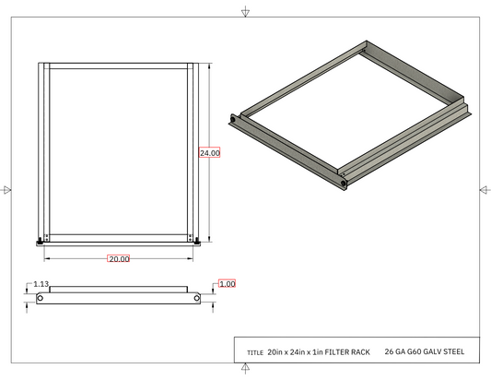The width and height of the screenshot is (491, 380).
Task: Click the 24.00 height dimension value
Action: pyautogui.click(x=210, y=153)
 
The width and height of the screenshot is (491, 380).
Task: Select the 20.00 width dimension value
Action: pyautogui.click(x=119, y=259)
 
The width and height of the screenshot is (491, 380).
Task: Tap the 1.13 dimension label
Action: pyautogui.click(x=41, y=284)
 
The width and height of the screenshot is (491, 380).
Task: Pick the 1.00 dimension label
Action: pyautogui.click(x=228, y=284)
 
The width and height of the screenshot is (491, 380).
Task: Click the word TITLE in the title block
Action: pyautogui.click(x=255, y=352)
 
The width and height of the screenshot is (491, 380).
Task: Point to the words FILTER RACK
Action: pyautogui.click(x=347, y=352)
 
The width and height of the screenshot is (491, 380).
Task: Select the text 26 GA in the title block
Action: pyautogui.click(x=395, y=351)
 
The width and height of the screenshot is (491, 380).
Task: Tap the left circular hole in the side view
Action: pyautogui.click(x=41, y=298)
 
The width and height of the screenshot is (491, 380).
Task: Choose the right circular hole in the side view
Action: pyautogui.click(x=196, y=298)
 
